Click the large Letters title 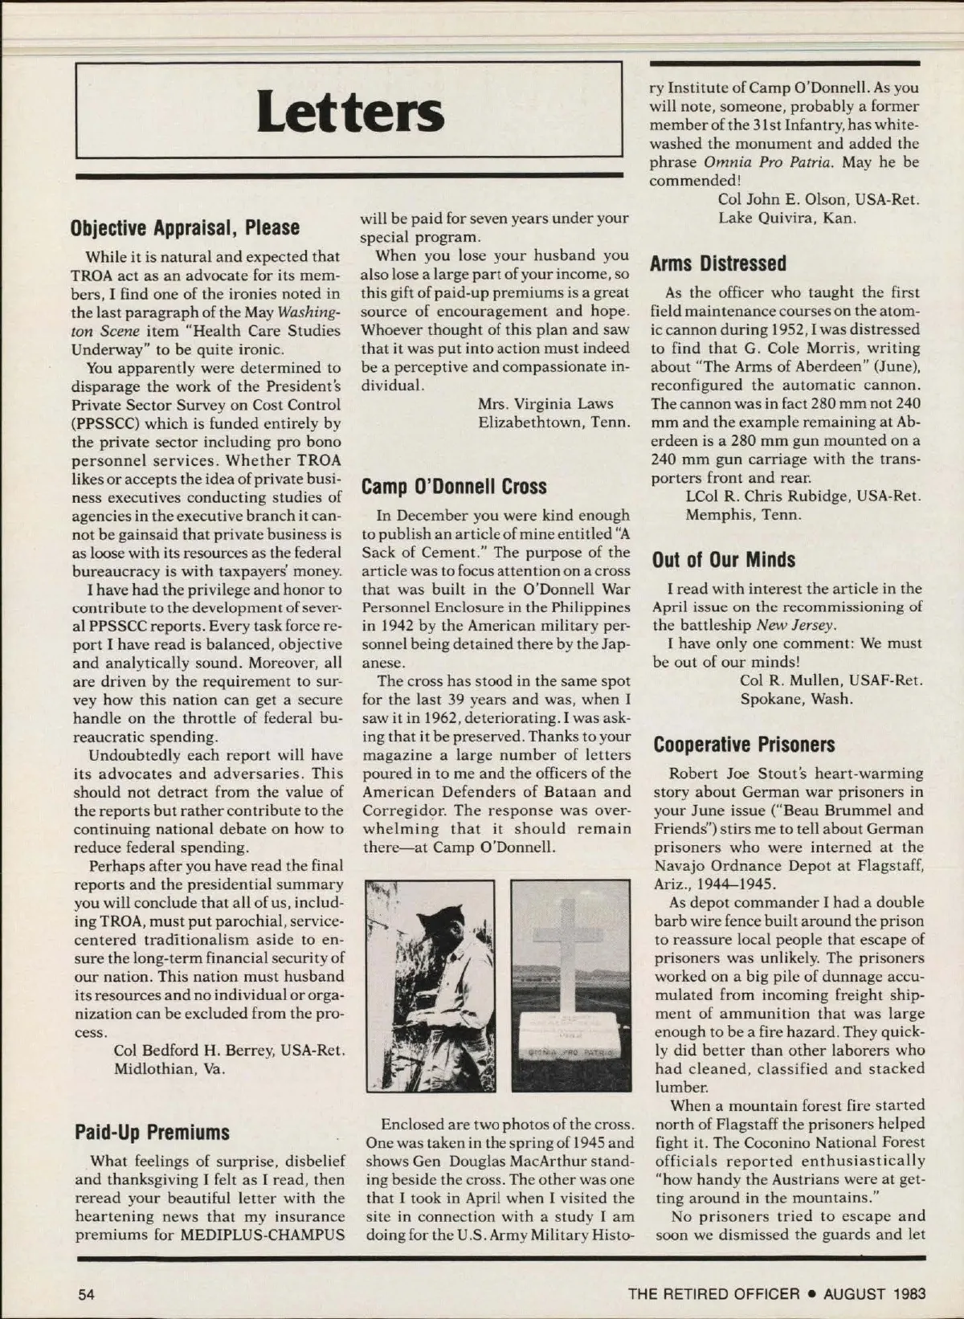tap(350, 113)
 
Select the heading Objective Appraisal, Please tap(185, 227)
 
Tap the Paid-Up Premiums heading tap(152, 1133)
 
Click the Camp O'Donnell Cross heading tap(453, 487)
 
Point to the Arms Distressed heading tap(717, 263)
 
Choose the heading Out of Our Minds tap(723, 560)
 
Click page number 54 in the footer tap(86, 1293)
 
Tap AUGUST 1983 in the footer tap(874, 1293)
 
